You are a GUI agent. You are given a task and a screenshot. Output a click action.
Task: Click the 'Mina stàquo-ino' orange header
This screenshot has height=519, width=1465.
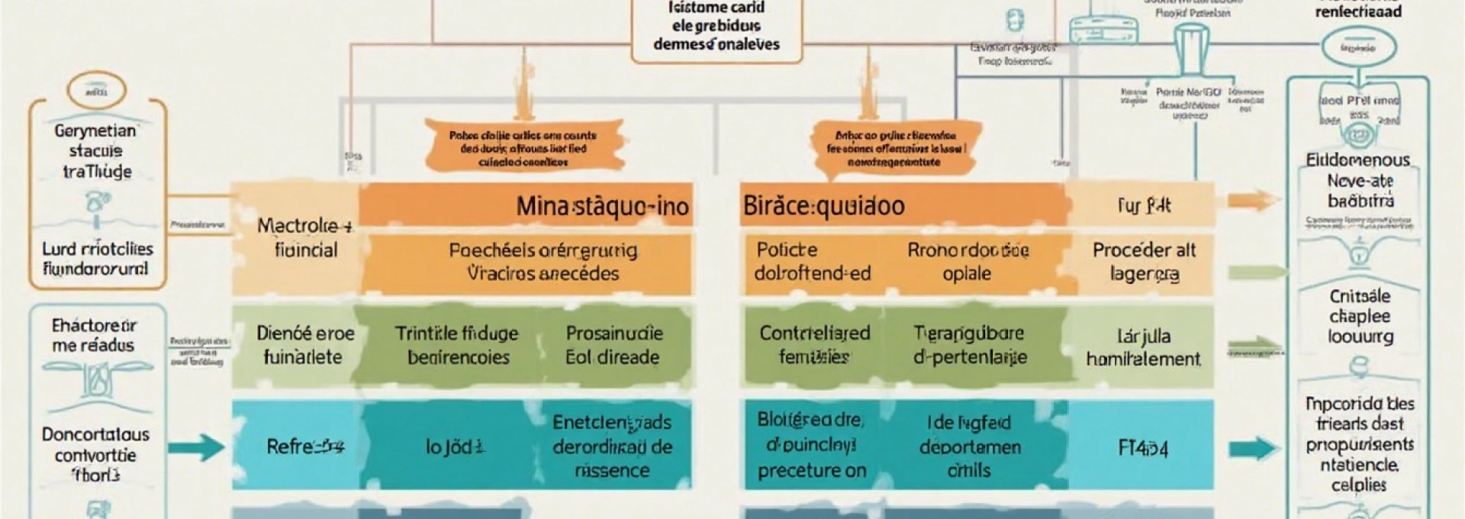pyautogui.click(x=602, y=205)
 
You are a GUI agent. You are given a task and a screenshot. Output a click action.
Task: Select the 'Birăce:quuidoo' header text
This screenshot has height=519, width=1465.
pyautogui.click(x=823, y=205)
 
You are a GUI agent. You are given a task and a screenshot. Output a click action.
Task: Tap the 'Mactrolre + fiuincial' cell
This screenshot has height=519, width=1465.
pyautogui.click(x=305, y=237)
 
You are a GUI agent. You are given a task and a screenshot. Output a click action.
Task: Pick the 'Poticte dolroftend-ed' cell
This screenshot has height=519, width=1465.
pyautogui.click(x=812, y=261)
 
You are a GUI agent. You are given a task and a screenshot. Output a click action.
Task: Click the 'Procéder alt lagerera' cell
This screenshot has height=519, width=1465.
pyautogui.click(x=1143, y=261)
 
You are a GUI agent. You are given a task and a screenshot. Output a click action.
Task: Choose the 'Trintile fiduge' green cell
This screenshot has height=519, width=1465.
pyautogui.click(x=457, y=345)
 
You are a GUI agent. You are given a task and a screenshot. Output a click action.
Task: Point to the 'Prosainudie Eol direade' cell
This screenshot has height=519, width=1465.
pyautogui.click(x=613, y=345)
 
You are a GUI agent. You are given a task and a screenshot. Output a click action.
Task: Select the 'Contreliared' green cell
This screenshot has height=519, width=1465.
pyautogui.click(x=814, y=344)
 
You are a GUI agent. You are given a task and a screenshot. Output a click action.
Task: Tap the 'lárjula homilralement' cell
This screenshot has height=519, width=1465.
pyautogui.click(x=1143, y=347)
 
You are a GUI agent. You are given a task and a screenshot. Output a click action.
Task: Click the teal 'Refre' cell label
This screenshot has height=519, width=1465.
pyautogui.click(x=304, y=446)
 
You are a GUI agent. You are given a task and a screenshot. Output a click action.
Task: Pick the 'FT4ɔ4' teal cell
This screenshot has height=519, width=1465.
pyautogui.click(x=1142, y=448)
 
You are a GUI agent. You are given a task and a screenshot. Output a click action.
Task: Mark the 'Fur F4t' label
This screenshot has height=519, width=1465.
pyautogui.click(x=1143, y=205)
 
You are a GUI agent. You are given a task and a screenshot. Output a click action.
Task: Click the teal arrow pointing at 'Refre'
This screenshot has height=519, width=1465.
pyautogui.click(x=196, y=446)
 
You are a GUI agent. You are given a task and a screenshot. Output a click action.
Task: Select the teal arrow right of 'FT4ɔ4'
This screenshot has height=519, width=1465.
pyautogui.click(x=1254, y=448)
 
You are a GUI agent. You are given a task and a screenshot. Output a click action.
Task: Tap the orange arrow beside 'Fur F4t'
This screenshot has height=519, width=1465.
pyautogui.click(x=1254, y=201)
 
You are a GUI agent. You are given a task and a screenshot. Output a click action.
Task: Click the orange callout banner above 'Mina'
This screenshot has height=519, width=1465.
pyautogui.click(x=523, y=148)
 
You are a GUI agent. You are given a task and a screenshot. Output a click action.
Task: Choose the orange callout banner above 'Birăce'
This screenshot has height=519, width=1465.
pyautogui.click(x=895, y=148)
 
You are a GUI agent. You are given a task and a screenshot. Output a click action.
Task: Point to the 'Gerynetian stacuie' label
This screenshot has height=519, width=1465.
pyautogui.click(x=96, y=150)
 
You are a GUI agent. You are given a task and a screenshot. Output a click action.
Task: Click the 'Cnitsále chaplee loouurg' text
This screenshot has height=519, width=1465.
pyautogui.click(x=1360, y=316)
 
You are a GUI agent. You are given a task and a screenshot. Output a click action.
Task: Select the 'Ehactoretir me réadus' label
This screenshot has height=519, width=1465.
pyautogui.click(x=94, y=335)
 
